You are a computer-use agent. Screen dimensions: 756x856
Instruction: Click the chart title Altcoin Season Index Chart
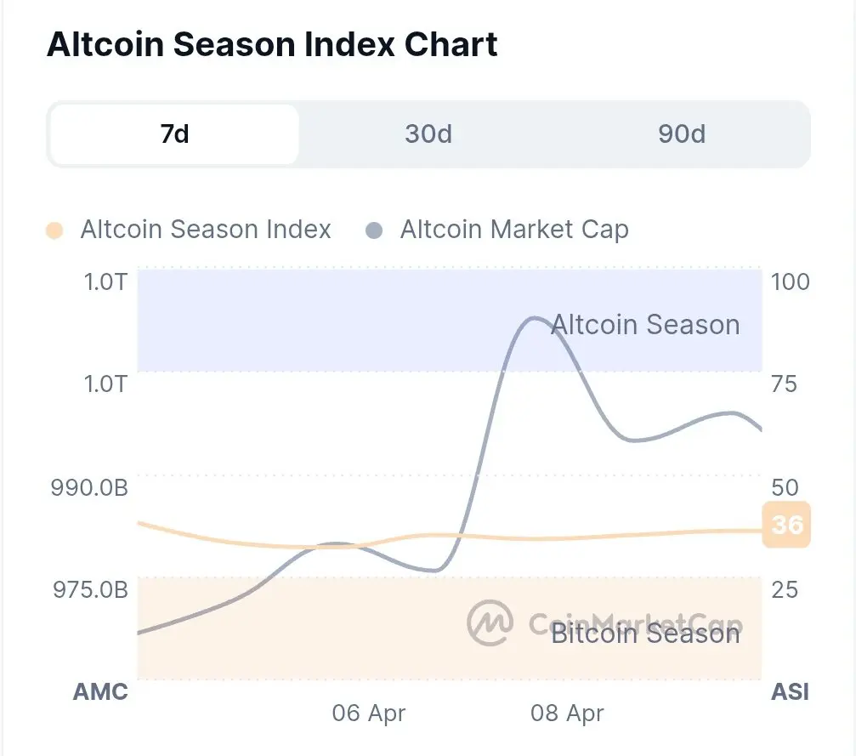click(x=272, y=44)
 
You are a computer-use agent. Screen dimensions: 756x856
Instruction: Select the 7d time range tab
click(x=174, y=134)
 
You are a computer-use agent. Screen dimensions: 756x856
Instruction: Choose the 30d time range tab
click(x=428, y=134)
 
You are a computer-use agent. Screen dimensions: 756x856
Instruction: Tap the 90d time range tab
click(x=681, y=134)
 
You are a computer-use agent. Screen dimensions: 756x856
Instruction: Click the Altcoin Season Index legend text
click(x=205, y=230)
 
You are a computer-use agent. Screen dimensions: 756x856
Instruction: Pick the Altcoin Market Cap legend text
click(x=513, y=230)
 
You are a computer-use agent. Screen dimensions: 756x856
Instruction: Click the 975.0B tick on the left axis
click(x=90, y=589)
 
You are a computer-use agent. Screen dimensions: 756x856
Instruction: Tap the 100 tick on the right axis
click(x=790, y=282)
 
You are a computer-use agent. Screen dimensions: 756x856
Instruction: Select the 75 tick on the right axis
click(x=784, y=384)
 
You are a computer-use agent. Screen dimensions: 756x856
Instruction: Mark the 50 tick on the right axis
click(x=785, y=487)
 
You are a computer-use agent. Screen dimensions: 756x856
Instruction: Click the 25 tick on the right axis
click(x=784, y=589)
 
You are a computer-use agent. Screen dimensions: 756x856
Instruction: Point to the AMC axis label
click(x=100, y=691)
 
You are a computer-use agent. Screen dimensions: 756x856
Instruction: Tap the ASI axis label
click(x=790, y=691)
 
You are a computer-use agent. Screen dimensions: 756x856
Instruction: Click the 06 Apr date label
click(x=369, y=713)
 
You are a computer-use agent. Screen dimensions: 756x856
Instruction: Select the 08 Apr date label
click(x=567, y=713)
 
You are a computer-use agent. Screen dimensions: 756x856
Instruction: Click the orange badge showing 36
click(x=786, y=525)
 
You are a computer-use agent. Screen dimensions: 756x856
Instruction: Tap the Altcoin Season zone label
click(x=645, y=325)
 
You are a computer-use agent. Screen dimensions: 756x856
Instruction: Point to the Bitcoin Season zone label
click(x=645, y=634)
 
